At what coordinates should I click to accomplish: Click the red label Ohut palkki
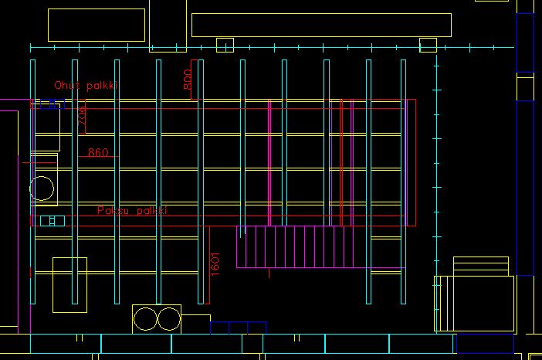(85, 86)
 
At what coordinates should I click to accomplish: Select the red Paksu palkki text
(131, 211)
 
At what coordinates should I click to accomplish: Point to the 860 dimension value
(98, 153)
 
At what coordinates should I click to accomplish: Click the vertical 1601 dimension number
(216, 263)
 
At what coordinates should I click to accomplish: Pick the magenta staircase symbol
(290, 246)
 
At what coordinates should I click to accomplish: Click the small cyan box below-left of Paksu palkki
(52, 221)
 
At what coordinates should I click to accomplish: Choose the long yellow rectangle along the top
(321, 25)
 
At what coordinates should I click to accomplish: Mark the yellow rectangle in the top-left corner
(97, 25)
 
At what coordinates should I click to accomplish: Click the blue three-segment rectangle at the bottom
(239, 328)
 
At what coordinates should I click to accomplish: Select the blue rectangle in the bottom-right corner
(485, 343)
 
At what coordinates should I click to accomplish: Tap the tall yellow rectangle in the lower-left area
(69, 285)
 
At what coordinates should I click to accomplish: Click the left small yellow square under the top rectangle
(225, 45)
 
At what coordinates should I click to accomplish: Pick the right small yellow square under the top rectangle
(428, 45)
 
